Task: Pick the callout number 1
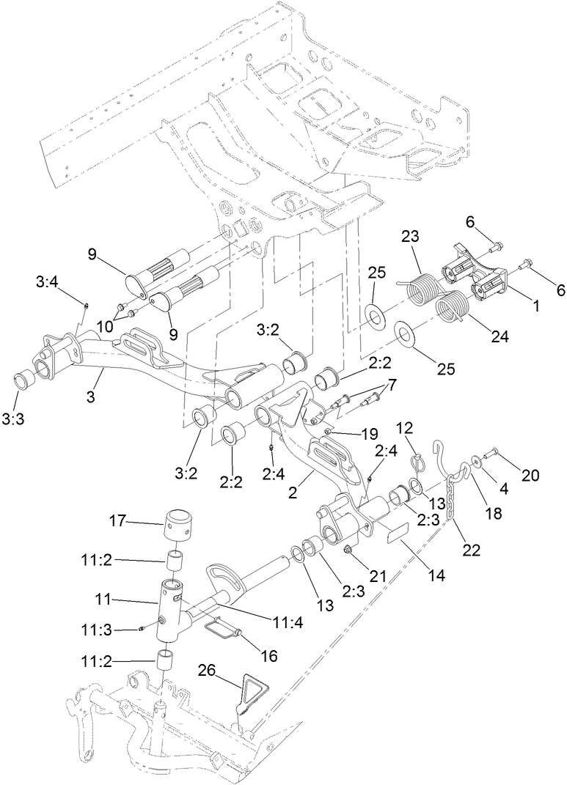coord(535,307)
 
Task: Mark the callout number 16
coord(269,656)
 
